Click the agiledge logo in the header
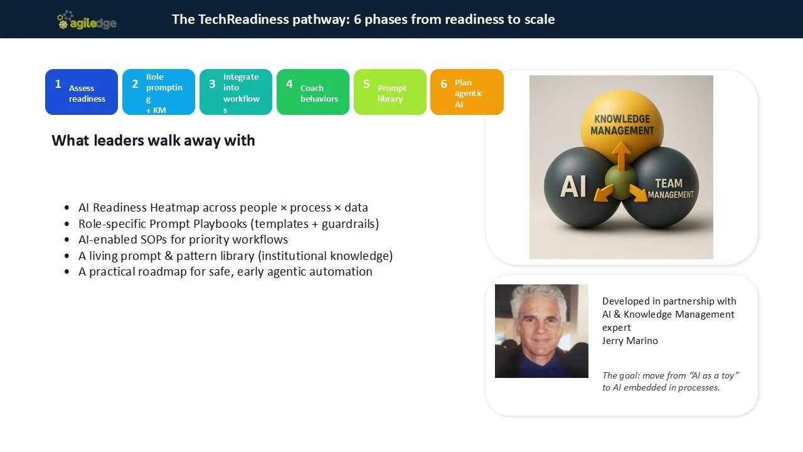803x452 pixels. pos(87,21)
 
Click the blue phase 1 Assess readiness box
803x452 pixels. pos(82,92)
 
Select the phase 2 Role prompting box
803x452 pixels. pos(159,92)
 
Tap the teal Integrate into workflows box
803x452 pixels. pos(236,92)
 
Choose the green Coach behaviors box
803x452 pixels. pos(313,92)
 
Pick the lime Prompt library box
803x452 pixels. pos(390,92)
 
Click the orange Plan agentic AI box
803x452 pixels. pos(467,92)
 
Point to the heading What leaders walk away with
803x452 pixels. pos(153,140)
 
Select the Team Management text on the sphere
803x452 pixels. pos(669,188)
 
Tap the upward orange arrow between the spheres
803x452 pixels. pos(621,155)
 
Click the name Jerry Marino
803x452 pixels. pos(630,340)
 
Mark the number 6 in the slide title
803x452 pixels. pos(358,19)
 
